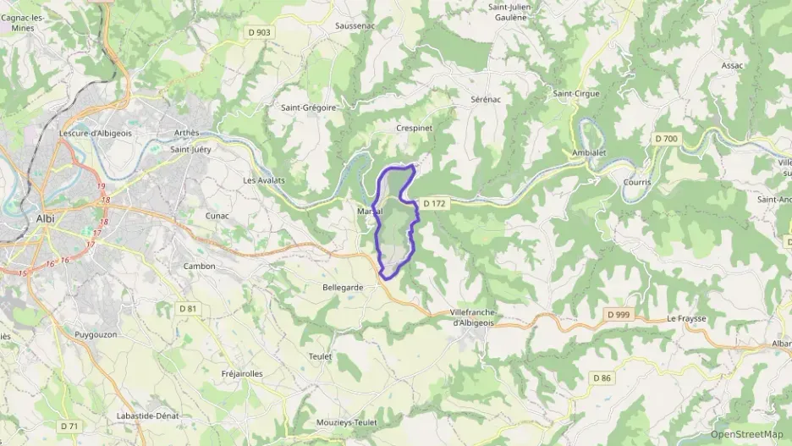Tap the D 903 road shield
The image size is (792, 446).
pyautogui.click(x=260, y=32)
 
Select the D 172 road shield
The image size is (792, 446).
pyautogui.click(x=434, y=203)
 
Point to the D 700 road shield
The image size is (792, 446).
pyautogui.click(x=666, y=138)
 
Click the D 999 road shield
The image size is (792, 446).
pyautogui.click(x=619, y=314)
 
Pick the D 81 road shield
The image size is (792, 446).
pyautogui.click(x=188, y=309)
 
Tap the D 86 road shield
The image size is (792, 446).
pyautogui.click(x=602, y=377)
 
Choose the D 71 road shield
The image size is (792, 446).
pyautogui.click(x=69, y=426)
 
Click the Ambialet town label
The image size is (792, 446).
pyautogui.click(x=589, y=153)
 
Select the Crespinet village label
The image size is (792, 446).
pyautogui.click(x=415, y=128)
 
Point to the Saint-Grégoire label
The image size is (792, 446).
pyautogui.click(x=309, y=107)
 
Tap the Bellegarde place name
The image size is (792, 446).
pyautogui.click(x=343, y=288)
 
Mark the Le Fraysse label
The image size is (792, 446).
pyautogui.click(x=685, y=319)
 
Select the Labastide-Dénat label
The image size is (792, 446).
pyautogui.click(x=152, y=416)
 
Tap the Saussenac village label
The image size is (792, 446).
pyautogui.click(x=355, y=26)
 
